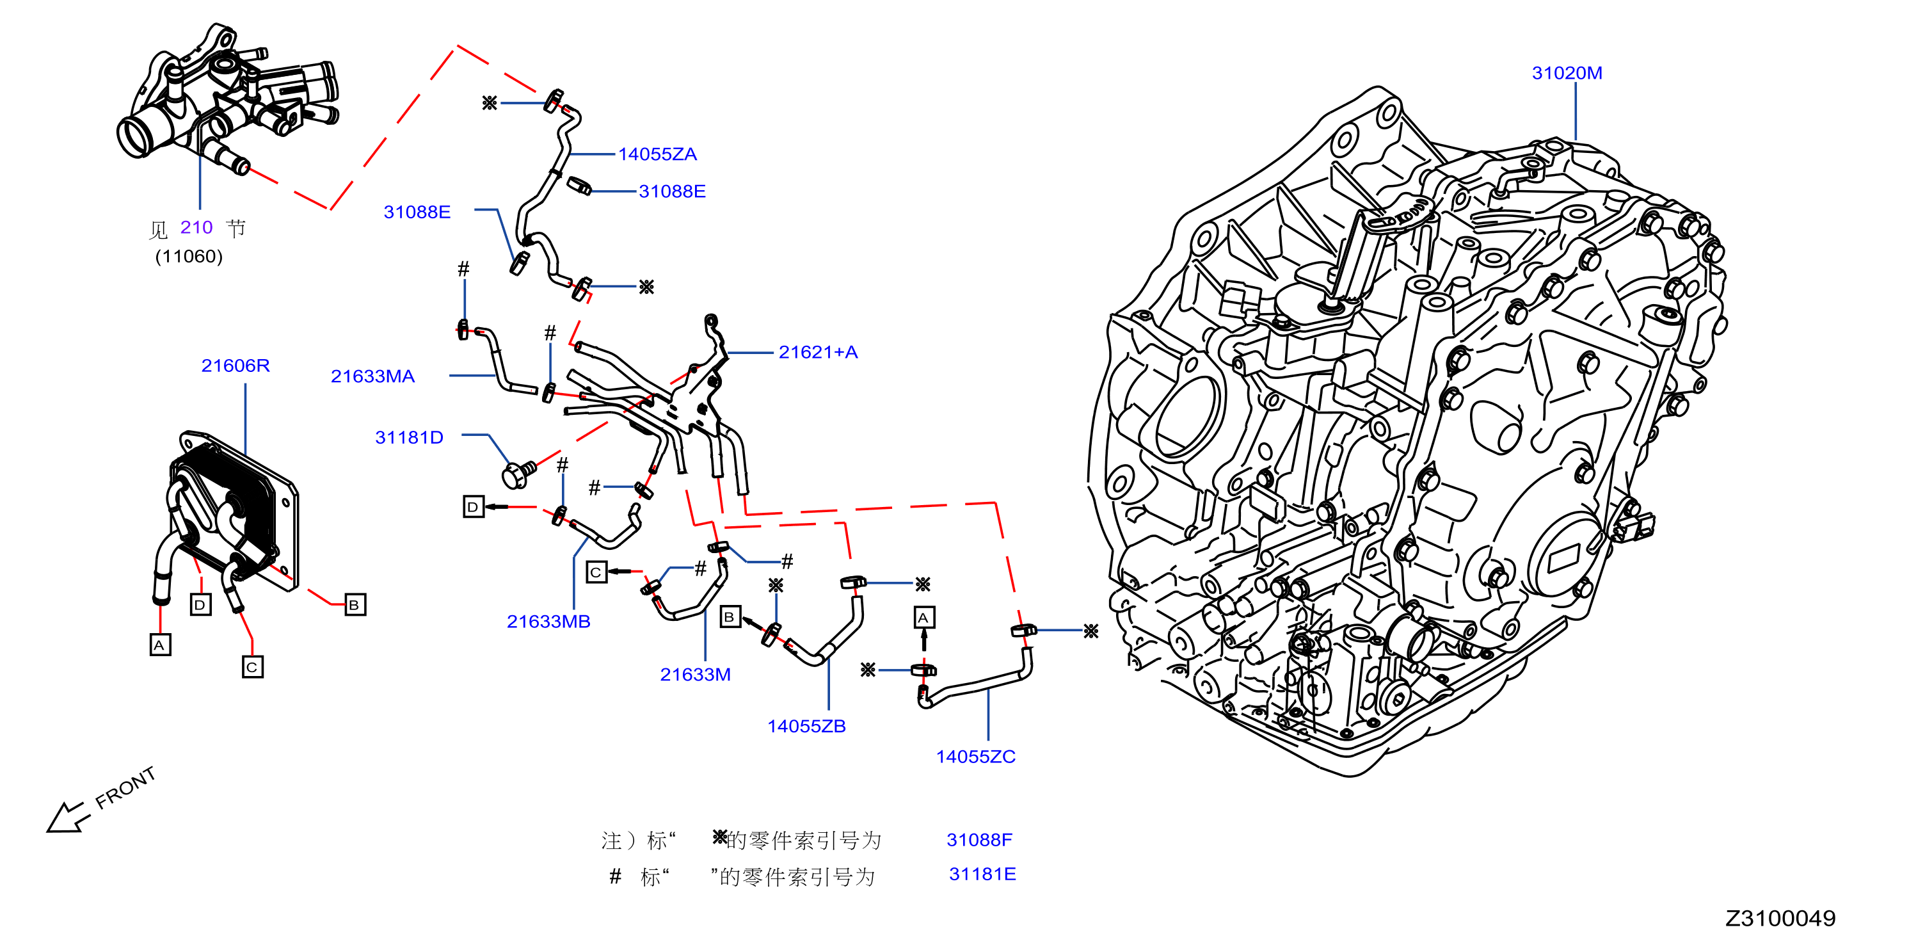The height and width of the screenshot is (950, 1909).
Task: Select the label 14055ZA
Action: pyautogui.click(x=657, y=155)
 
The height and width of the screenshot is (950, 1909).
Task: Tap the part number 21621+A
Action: pyautogui.click(x=818, y=353)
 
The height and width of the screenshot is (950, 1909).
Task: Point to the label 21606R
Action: pyautogui.click(x=236, y=366)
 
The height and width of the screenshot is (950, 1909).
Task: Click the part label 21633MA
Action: pyautogui.click(x=372, y=377)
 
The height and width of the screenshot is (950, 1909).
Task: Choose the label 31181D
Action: pyautogui.click(x=409, y=438)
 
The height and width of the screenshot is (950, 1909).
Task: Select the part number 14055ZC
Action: pyautogui.click(x=975, y=757)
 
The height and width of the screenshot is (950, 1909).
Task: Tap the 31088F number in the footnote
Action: pyautogui.click(x=979, y=841)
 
